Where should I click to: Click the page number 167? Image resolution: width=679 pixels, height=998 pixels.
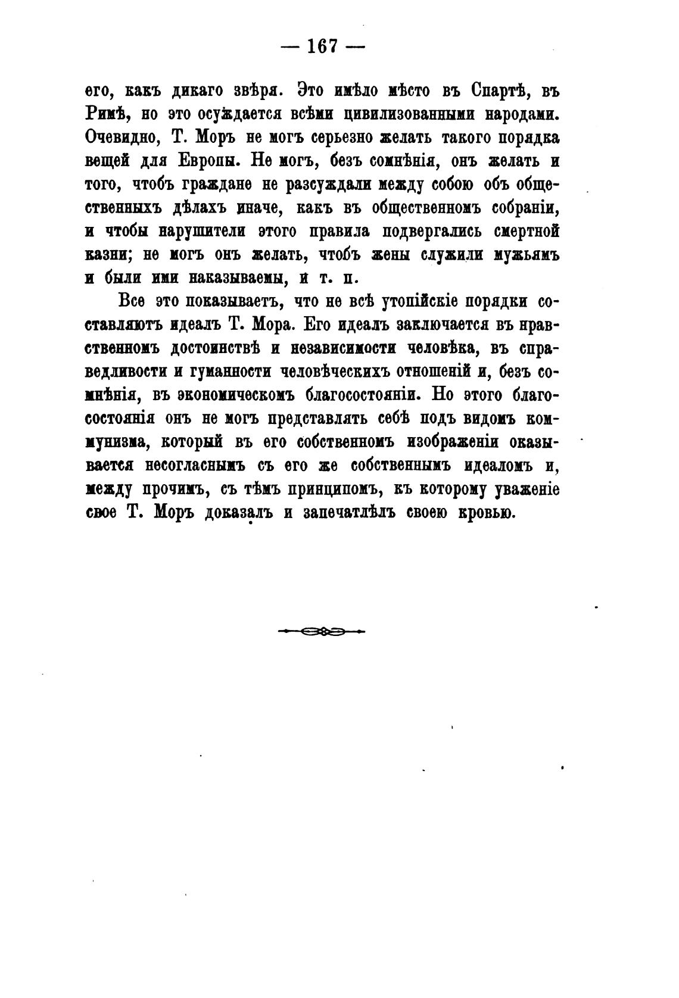322,46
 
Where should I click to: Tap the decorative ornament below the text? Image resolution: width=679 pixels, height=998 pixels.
322,631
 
